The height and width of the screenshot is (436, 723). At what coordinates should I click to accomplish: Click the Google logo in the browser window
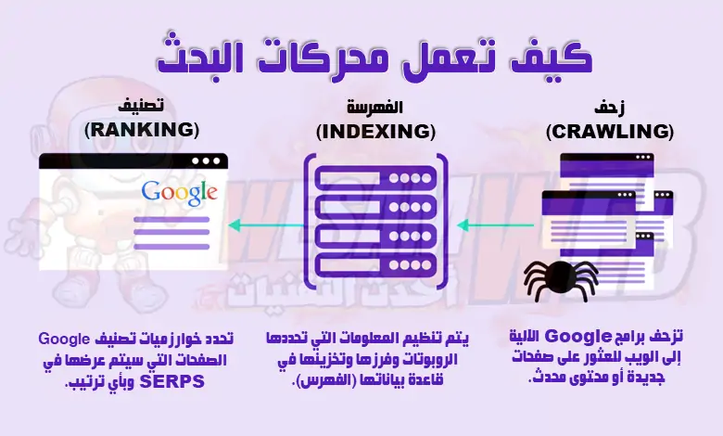tap(179, 192)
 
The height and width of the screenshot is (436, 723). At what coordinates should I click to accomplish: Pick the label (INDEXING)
tap(375, 132)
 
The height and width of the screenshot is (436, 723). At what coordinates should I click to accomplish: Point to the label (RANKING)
tap(140, 129)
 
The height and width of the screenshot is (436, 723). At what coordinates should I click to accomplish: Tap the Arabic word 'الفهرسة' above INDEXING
tap(375, 107)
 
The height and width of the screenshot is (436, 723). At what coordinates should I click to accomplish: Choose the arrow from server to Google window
tap(264, 224)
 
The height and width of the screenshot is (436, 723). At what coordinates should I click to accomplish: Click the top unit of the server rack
tap(370, 174)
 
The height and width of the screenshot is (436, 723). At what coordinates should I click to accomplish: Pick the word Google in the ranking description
tap(67, 337)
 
